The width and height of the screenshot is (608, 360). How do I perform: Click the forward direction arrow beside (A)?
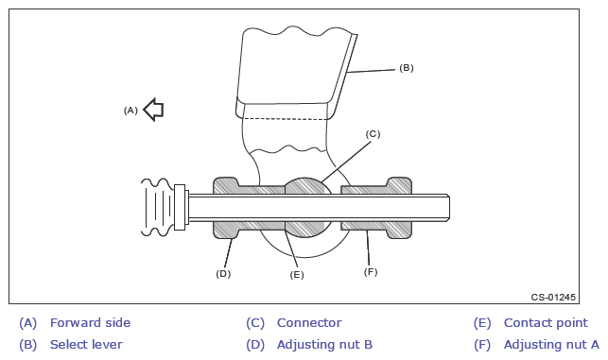coord(154,110)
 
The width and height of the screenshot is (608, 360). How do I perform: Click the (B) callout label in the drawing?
coord(407,68)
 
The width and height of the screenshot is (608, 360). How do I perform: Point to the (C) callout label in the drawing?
coord(373,134)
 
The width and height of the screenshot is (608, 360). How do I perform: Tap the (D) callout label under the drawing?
coord(223,274)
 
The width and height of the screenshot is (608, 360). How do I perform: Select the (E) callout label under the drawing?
coord(297,275)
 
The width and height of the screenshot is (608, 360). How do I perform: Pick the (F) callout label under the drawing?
coord(371,272)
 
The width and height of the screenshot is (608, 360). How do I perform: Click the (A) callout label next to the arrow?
coord(130,111)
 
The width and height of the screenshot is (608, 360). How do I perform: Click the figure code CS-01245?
coord(553,298)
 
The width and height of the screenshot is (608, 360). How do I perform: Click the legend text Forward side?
coord(91,323)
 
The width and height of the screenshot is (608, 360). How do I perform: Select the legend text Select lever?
coord(86,345)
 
